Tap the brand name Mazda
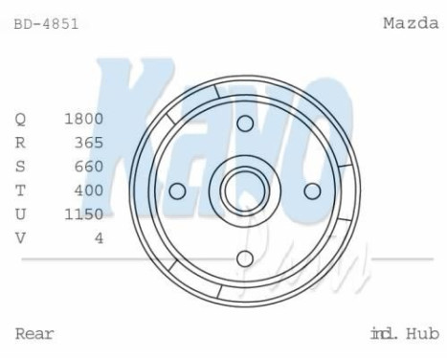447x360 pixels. click(411, 23)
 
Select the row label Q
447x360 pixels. click(20, 120)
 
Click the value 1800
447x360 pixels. click(83, 120)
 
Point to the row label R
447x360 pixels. click(20, 144)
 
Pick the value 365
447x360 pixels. click(88, 144)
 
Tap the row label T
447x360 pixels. click(20, 191)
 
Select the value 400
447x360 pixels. click(88, 191)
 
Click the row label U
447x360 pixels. click(20, 214)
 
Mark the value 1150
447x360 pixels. click(83, 214)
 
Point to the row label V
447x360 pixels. click(20, 238)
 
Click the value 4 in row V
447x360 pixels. click(99, 238)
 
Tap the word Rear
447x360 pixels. click(34, 334)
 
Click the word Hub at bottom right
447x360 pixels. click(423, 334)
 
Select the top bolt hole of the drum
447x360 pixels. click(245, 124)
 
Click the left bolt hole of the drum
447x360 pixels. click(177, 191)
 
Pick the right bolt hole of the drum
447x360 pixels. click(312, 191)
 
